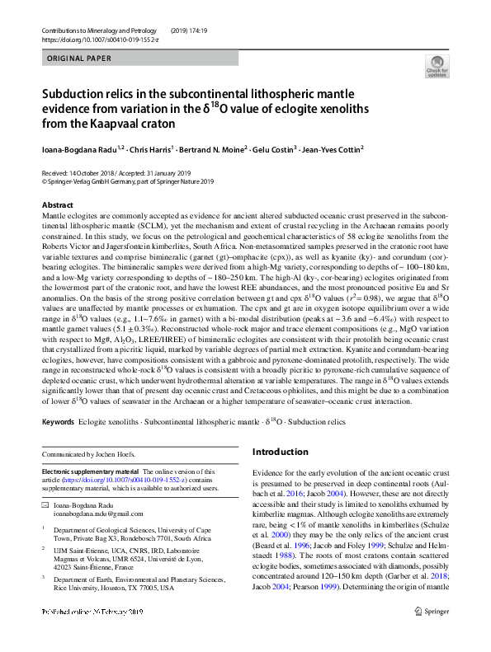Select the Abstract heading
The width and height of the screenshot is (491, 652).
tap(57, 204)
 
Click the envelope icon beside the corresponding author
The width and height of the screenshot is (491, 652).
tap(45, 504)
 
